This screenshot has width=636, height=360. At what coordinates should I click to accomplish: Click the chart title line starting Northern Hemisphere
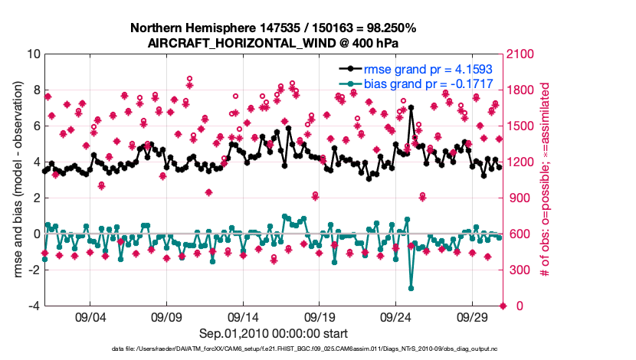tap(274, 28)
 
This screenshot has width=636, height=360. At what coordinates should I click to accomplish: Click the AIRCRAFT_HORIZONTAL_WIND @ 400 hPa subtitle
tap(274, 43)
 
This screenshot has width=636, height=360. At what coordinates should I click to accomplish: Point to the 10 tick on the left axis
tap(33, 54)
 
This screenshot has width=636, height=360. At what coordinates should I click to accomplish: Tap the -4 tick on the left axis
tap(34, 306)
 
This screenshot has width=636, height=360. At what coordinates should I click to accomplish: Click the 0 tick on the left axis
tap(36, 234)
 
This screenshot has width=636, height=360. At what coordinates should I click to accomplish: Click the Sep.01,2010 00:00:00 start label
tap(274, 333)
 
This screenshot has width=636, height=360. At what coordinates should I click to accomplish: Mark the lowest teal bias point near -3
tap(411, 288)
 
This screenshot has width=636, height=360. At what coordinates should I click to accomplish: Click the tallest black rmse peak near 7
tap(411, 108)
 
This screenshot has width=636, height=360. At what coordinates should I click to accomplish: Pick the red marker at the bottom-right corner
tap(503, 306)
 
